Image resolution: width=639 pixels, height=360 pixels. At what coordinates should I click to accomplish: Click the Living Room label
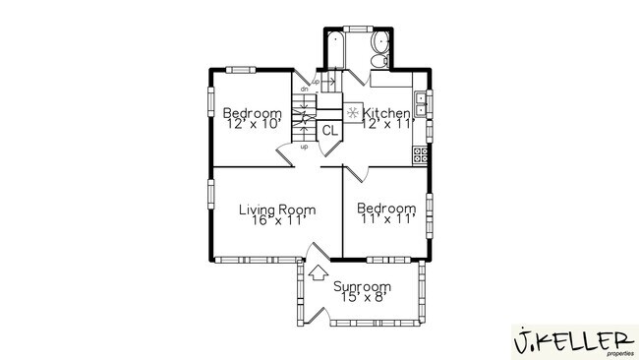point(277,209)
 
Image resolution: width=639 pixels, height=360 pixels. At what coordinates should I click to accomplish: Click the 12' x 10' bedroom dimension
point(253,125)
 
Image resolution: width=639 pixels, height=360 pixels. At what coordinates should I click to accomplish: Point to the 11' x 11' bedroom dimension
point(384,219)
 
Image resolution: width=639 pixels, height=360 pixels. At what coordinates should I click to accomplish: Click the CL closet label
point(329,129)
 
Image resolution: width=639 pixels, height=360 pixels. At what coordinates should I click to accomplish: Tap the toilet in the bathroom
point(378,60)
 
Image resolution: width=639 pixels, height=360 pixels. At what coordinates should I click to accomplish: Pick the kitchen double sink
point(421,103)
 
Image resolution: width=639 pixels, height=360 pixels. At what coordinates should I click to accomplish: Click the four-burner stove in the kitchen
point(420,154)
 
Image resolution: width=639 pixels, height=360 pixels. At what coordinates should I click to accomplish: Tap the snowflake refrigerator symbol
point(352,112)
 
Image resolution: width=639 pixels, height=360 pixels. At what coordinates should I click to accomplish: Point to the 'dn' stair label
point(305,90)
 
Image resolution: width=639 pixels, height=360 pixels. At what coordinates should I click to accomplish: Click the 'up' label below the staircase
point(304,147)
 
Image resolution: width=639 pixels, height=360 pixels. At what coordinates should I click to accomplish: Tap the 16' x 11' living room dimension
point(277,220)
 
